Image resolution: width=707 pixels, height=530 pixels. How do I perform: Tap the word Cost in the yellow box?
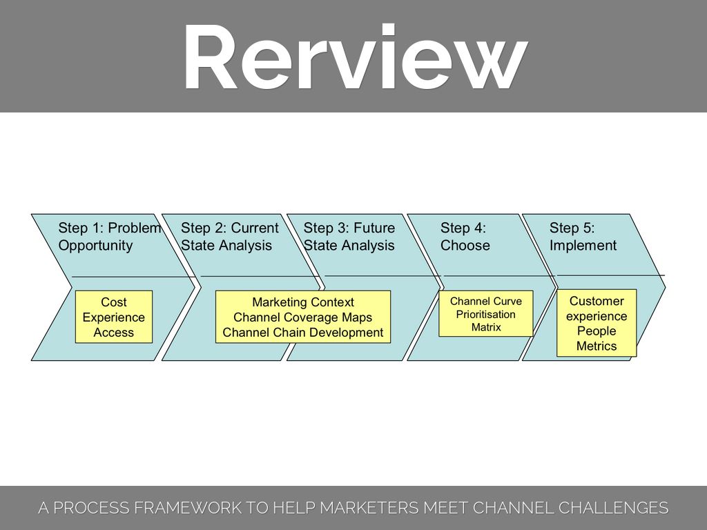(114, 302)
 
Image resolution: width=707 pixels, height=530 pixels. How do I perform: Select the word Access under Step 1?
(114, 333)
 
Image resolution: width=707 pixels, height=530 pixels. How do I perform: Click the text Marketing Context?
(303, 302)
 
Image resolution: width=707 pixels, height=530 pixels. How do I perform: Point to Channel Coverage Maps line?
(303, 317)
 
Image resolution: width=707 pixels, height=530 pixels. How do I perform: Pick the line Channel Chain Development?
(303, 333)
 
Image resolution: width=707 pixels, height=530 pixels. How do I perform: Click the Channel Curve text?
(486, 302)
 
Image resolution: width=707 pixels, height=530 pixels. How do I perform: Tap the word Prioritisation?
(486, 315)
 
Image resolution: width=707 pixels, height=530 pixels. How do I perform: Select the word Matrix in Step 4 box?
(486, 327)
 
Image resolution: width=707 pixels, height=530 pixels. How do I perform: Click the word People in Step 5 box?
(597, 331)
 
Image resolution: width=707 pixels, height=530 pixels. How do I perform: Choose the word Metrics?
(597, 346)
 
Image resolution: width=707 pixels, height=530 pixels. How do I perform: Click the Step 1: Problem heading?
(110, 228)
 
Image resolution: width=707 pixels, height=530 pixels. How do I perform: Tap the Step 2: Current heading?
(230, 228)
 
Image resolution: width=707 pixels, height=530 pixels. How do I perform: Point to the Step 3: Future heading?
(349, 228)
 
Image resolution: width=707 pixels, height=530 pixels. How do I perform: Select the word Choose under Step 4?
(465, 246)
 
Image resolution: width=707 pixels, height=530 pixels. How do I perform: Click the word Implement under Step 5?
(583, 246)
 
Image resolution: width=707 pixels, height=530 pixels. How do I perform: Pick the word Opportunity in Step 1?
(95, 246)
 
